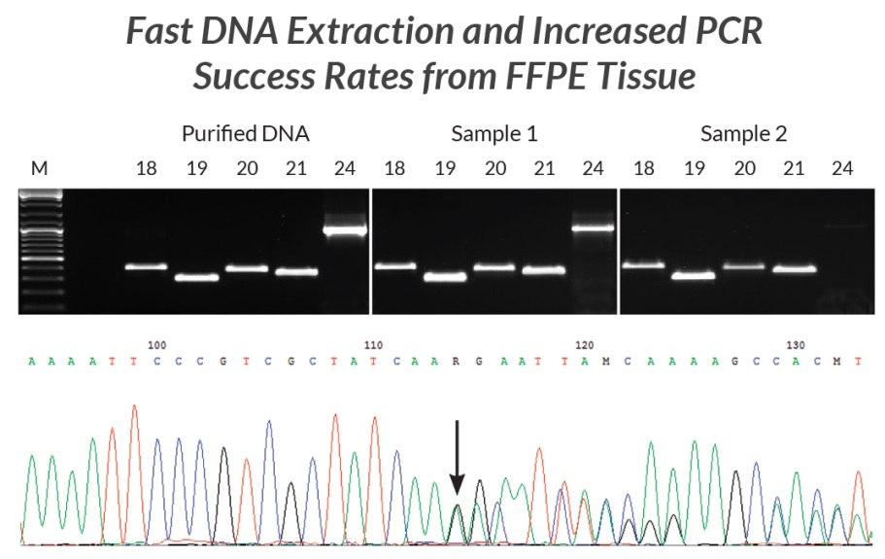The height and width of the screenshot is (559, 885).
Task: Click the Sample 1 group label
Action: [x=494, y=133]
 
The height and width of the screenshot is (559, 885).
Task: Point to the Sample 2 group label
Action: [x=743, y=133]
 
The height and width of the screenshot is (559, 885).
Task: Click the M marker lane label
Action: [x=39, y=168]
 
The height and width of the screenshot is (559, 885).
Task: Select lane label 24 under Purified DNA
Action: [x=346, y=168]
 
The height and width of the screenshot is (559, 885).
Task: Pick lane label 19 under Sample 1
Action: [x=445, y=168]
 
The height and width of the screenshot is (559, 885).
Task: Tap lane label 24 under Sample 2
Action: [x=843, y=168]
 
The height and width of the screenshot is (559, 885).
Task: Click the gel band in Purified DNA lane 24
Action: [x=345, y=231]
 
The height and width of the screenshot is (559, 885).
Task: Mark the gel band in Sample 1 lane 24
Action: [x=593, y=228]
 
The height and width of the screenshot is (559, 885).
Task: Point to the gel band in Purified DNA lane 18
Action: [x=146, y=267]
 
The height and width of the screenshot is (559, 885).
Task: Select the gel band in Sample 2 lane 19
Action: [x=694, y=275]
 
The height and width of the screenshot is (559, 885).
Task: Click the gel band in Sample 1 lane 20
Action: [x=494, y=266]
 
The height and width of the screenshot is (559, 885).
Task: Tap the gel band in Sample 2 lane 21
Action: [x=794, y=268]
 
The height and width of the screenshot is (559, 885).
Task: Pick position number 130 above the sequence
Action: [x=795, y=345]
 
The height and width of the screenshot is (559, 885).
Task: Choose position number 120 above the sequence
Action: [x=583, y=345]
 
